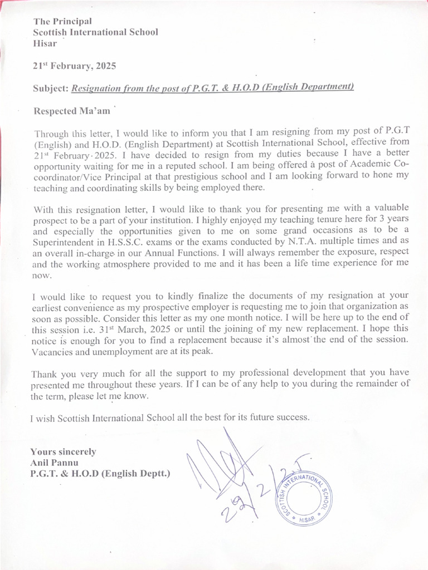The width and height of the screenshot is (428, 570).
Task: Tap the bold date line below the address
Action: [x=75, y=66]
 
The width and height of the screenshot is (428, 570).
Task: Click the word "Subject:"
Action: [x=51, y=88]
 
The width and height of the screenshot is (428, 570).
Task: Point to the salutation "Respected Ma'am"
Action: [x=72, y=111]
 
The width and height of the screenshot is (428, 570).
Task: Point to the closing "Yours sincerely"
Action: [x=63, y=451]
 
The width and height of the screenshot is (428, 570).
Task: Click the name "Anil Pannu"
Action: [x=54, y=462]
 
